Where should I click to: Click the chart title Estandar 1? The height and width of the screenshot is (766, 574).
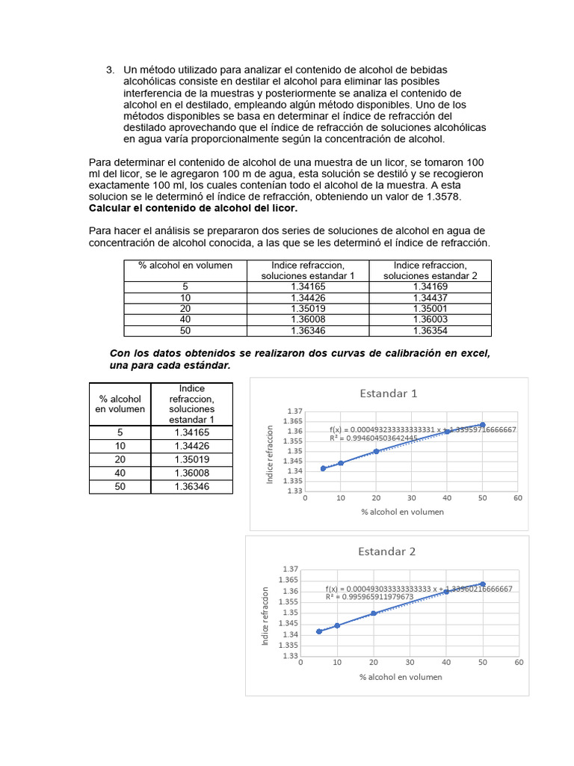[388, 393]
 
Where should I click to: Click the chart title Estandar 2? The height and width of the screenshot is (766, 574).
[386, 551]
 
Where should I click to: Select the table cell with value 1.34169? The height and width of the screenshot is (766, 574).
[430, 286]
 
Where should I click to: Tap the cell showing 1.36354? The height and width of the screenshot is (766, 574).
[430, 331]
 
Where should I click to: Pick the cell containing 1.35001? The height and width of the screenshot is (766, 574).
[430, 308]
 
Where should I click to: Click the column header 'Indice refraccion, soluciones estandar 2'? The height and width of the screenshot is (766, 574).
[430, 270]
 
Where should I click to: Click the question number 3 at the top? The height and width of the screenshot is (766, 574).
[109, 70]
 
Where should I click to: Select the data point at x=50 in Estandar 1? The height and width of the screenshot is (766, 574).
[482, 425]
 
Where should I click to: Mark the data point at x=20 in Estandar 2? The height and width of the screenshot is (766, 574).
[373, 613]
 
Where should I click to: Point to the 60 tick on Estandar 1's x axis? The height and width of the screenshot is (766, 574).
[517, 497]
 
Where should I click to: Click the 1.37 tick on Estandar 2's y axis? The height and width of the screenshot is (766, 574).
[288, 569]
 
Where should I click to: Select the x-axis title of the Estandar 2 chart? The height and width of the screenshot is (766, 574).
[400, 677]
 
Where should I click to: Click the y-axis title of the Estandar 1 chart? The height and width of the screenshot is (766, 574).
[271, 455]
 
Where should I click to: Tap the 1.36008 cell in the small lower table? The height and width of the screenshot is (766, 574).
[191, 473]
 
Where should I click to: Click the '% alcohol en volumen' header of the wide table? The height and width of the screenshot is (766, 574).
[185, 266]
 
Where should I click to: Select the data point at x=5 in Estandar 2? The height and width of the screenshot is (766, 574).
[319, 631]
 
